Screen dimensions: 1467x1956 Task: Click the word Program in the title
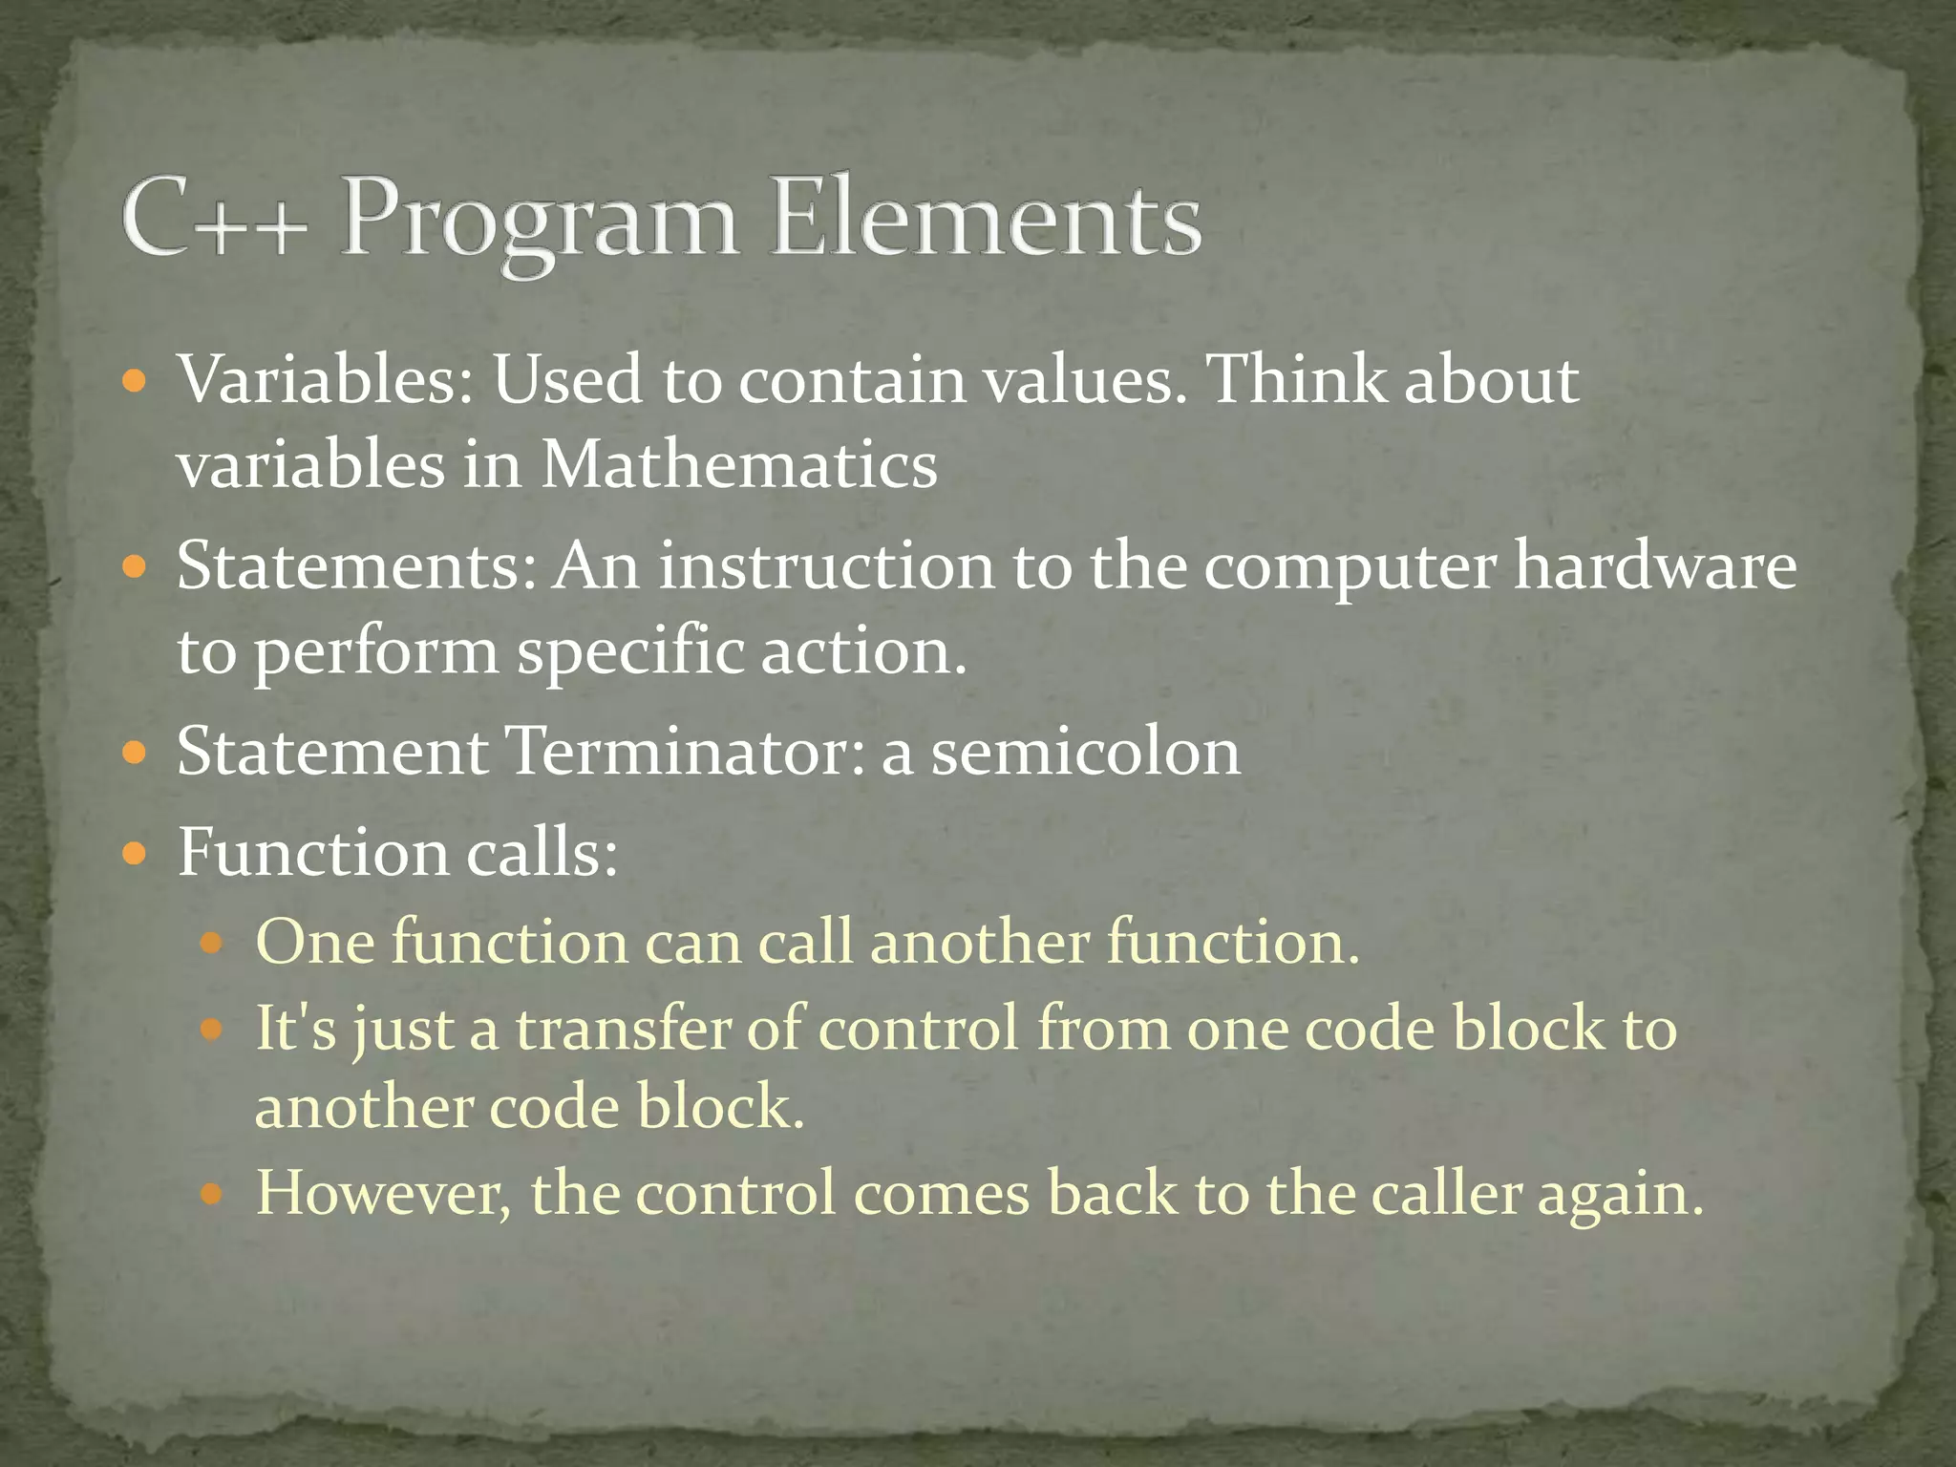pos(540,222)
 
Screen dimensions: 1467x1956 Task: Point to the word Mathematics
pos(739,465)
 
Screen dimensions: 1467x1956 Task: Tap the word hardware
pos(1655,565)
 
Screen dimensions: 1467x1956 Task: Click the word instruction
pos(827,565)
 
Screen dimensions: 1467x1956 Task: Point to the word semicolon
pos(1086,752)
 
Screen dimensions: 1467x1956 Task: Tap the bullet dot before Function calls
pos(135,852)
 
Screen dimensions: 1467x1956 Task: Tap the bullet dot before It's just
pos(212,1030)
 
